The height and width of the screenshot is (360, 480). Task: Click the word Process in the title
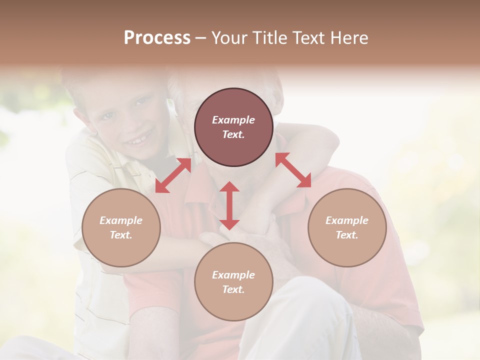157,38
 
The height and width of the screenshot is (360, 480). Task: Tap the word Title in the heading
265,38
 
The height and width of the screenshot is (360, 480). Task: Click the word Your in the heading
229,38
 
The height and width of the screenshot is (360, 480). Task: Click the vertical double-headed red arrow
229,205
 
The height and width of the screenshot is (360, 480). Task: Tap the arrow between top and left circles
173,175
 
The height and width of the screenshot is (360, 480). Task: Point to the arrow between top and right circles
293,170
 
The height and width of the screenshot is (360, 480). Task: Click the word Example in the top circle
233,120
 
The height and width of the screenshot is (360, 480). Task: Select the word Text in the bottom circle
233,289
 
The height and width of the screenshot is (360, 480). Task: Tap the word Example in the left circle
121,220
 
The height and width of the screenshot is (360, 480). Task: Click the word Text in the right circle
347,235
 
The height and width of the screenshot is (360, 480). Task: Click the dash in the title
200,38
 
